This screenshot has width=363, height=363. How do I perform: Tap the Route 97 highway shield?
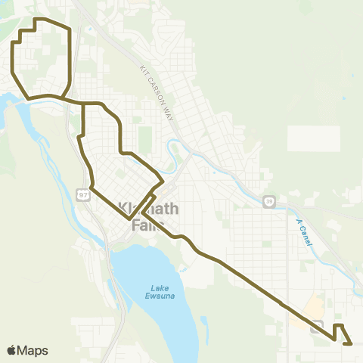(x=84, y=195)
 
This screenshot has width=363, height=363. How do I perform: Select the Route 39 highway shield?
(x=268, y=201)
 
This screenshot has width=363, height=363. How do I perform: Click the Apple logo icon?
(x=12, y=350)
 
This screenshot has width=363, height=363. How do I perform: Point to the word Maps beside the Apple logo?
(x=33, y=350)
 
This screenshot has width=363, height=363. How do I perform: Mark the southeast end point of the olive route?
(x=352, y=343)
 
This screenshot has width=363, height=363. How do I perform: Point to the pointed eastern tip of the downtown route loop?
(x=163, y=182)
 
